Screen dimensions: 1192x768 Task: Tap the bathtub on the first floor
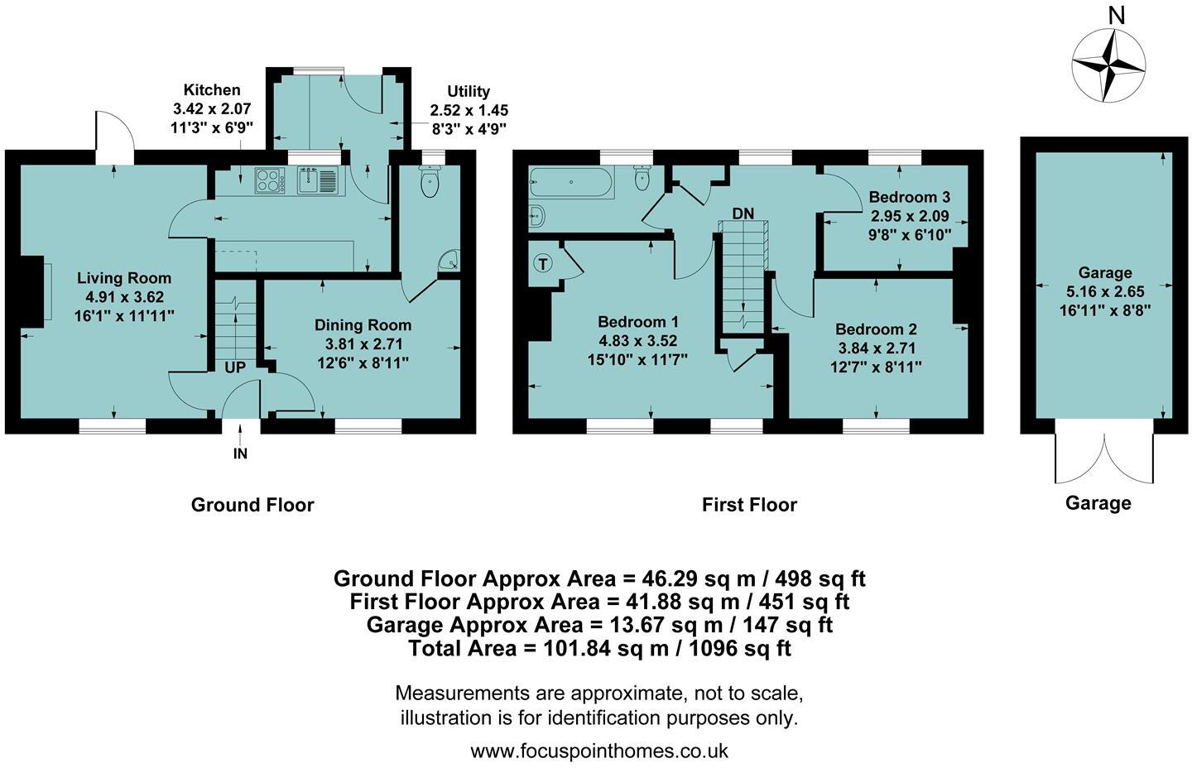[x=571, y=182]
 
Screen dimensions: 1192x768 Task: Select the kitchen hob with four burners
[x=269, y=180]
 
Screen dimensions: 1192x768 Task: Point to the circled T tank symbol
[x=543, y=264]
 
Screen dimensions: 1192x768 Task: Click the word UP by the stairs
[x=235, y=367]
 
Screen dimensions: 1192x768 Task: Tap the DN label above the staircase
[x=743, y=214]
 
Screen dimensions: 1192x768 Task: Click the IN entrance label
[x=240, y=454]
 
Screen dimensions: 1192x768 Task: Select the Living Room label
[x=124, y=277]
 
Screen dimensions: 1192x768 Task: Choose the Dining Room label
[x=363, y=325]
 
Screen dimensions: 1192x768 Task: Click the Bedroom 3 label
[x=910, y=197]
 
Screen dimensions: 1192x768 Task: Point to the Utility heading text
[x=469, y=92]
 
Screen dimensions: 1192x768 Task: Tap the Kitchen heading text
[x=212, y=89]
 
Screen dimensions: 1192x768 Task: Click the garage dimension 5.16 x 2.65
[x=1105, y=291]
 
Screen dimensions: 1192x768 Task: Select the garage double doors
[x=1104, y=458]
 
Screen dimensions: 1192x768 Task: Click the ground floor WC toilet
[x=430, y=180]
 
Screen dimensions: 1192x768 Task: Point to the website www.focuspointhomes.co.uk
[x=599, y=751]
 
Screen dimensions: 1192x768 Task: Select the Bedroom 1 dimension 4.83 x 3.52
[x=637, y=341]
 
